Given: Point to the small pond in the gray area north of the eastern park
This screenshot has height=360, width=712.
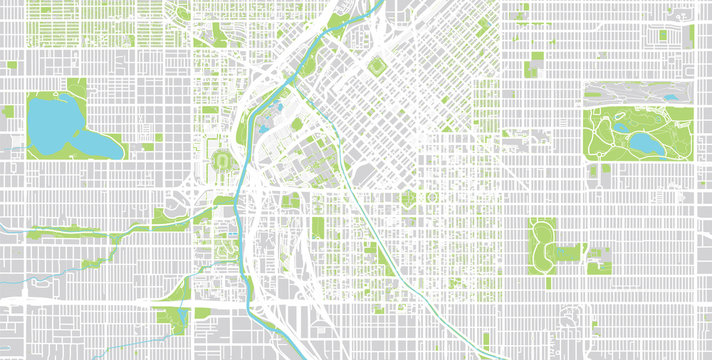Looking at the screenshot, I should [664, 94].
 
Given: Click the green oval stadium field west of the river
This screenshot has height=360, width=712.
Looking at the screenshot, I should [221, 160].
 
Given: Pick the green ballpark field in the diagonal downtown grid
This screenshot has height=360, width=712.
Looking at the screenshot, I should [377, 67].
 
